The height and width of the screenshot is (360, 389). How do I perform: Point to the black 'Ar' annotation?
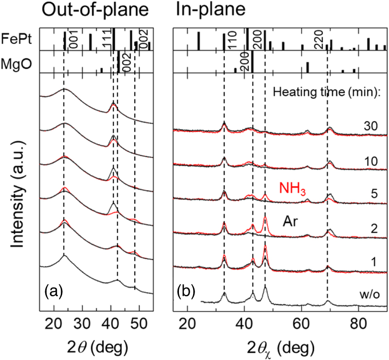[290, 221]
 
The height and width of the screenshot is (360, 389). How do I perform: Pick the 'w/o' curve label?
[372, 295]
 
